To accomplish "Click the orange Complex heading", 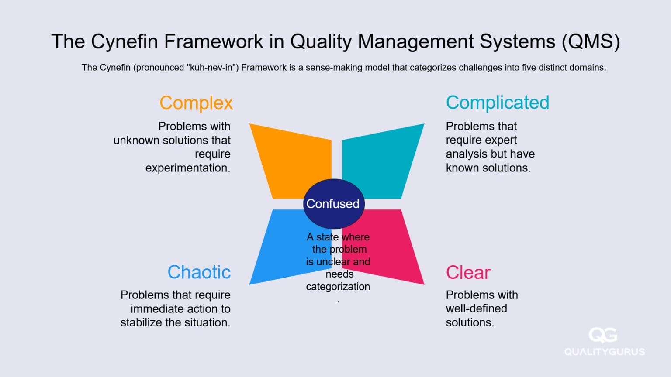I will (x=196, y=103).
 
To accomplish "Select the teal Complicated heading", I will (x=497, y=103).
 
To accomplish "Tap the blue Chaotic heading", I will (x=199, y=272).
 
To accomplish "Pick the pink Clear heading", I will (x=468, y=273).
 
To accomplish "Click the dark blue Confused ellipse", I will (x=333, y=204).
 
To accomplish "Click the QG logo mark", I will (x=603, y=335).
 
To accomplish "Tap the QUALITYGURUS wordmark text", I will (x=604, y=352).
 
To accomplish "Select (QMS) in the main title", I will (x=591, y=42).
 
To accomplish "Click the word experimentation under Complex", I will (x=187, y=168).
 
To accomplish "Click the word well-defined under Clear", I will (x=476, y=308).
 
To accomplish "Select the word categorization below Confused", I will (x=338, y=287).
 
